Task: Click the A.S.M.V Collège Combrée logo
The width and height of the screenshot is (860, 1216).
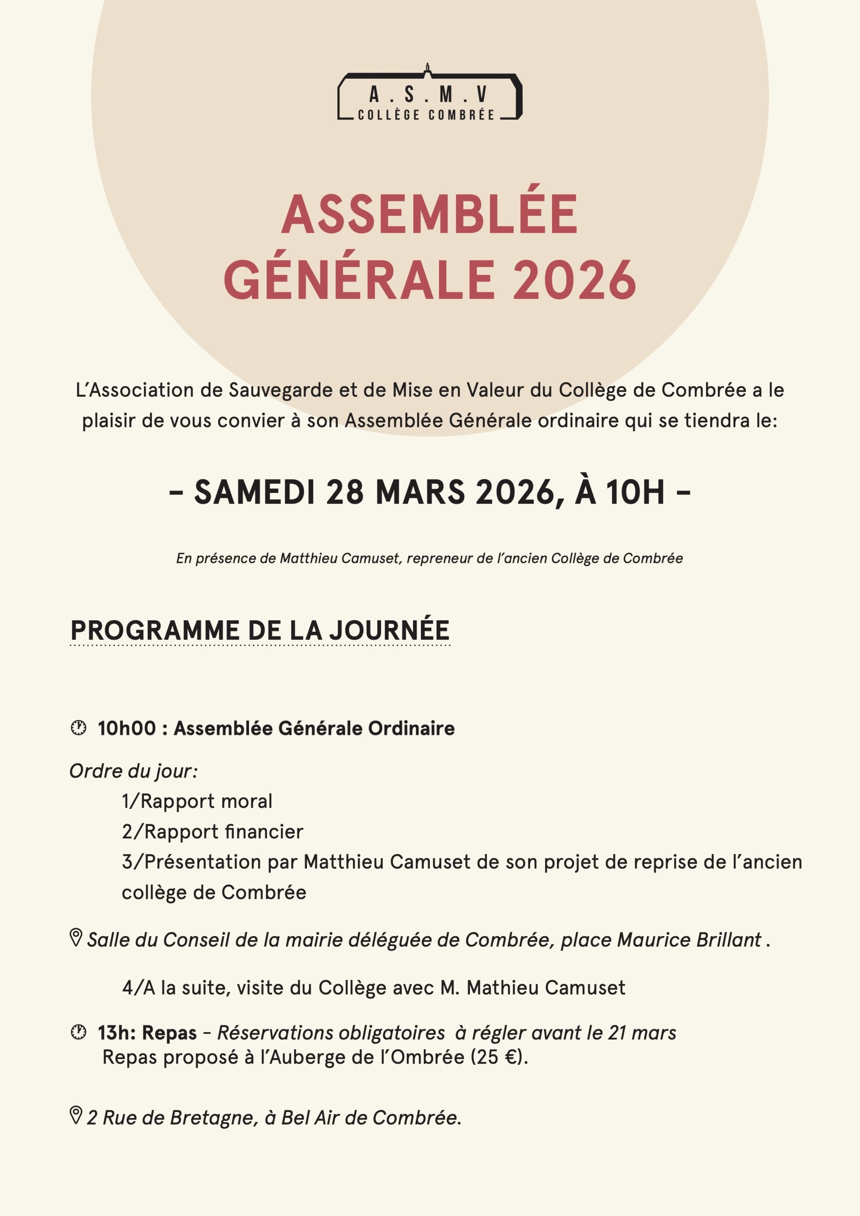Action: pos(430,94)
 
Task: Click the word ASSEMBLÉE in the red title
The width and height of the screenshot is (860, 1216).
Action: pos(429,215)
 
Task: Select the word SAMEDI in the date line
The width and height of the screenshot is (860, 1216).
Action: pos(254,492)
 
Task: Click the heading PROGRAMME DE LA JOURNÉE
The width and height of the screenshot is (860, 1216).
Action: pos(259,630)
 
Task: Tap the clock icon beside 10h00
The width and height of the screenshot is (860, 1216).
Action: pos(78,728)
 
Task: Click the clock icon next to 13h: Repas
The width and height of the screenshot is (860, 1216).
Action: pos(78,1032)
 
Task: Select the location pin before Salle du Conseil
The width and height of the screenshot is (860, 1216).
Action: pos(76,938)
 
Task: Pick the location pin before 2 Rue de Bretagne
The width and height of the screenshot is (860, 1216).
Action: pos(76,1115)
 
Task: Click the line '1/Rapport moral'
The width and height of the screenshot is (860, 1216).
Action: pos(197,801)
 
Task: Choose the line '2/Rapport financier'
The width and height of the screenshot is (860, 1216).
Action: pos(212,832)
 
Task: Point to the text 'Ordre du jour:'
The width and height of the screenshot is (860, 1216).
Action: pos(134,771)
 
